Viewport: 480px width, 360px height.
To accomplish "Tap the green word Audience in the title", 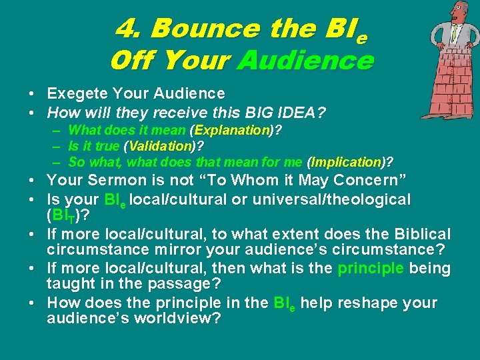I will [x=305, y=61].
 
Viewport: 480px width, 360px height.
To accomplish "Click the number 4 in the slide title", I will [x=127, y=29].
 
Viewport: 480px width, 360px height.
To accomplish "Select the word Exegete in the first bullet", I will [x=75, y=94].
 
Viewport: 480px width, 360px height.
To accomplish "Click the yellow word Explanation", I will [x=231, y=131].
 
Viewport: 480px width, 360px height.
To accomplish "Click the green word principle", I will [x=371, y=269].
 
